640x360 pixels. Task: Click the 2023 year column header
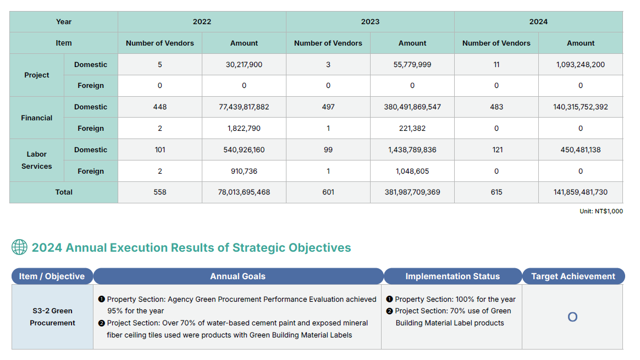coord(370,22)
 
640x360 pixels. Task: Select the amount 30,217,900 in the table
coord(244,64)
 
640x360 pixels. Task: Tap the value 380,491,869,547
coord(412,107)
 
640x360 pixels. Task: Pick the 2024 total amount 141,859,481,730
coord(581,192)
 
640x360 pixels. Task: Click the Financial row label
coord(37,118)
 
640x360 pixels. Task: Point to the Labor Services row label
coord(37,160)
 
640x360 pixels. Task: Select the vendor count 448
coord(160,107)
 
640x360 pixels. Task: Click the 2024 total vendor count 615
coord(496,192)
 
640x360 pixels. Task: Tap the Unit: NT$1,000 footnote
coord(601,211)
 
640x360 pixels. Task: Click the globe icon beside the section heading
coord(19,247)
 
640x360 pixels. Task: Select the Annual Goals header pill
coord(238,276)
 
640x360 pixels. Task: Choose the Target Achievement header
coord(573,276)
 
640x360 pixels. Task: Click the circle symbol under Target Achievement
coord(572,317)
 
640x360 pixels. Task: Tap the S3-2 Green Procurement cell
coord(53,317)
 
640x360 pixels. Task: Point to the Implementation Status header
coord(453,276)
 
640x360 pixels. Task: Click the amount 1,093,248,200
coord(581,64)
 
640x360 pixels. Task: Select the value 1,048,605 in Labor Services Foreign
coord(412,171)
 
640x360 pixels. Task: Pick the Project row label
coord(37,75)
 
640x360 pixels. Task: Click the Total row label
coord(64,192)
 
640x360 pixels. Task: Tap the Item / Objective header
coord(52,276)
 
